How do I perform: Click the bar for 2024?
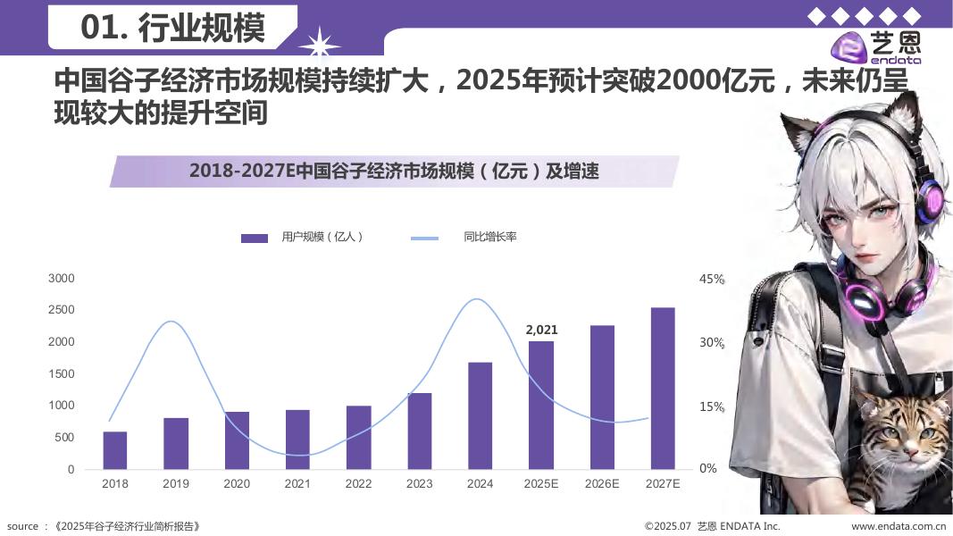[480, 415]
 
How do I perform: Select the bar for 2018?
[115, 450]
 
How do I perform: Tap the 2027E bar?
[663, 389]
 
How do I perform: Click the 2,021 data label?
[541, 330]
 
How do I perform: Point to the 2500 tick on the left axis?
[61, 310]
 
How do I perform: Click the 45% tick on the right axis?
[711, 280]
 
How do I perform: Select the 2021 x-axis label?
[297, 484]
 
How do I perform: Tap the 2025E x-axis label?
[541, 484]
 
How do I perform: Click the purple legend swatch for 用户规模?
[255, 238]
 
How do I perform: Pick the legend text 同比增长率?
[489, 238]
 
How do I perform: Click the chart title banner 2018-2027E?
[394, 172]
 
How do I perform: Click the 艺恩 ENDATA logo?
[874, 46]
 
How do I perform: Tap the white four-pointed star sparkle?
[319, 43]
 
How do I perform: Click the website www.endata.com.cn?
[899, 526]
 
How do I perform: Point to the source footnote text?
[104, 526]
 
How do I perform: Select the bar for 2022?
[358, 437]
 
